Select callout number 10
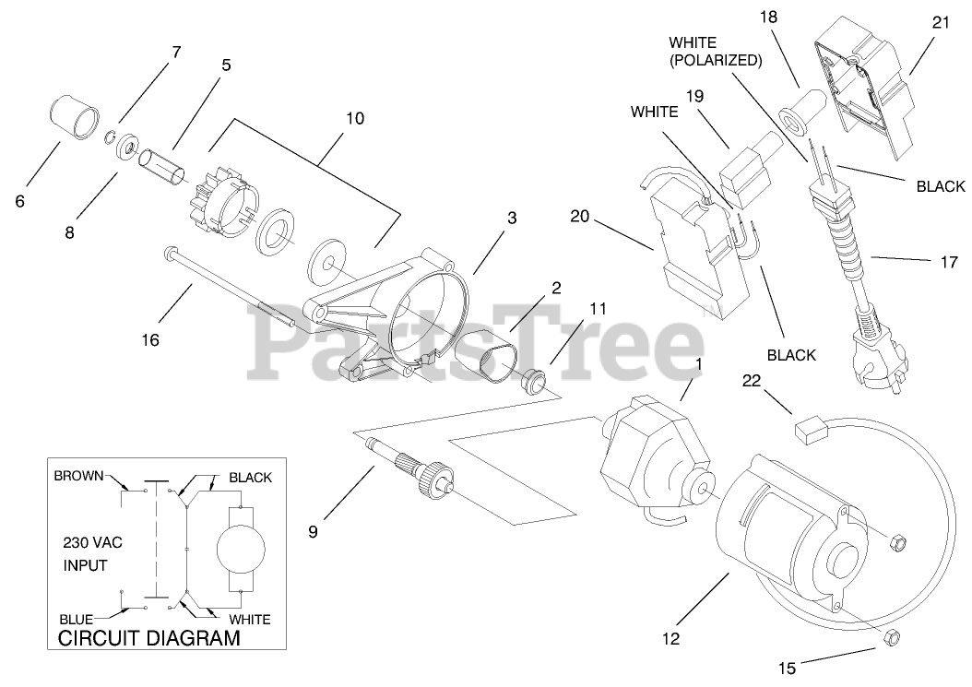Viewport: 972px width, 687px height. click(355, 118)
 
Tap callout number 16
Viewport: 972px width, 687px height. click(150, 340)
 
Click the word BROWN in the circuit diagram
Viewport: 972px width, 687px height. click(80, 477)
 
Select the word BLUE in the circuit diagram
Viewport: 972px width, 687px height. click(76, 619)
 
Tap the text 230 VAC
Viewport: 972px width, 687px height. click(92, 541)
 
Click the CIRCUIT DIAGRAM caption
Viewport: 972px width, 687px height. click(148, 638)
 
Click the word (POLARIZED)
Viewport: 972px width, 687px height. click(715, 61)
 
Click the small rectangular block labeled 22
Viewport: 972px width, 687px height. click(808, 427)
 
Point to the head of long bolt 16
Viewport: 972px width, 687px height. click(171, 252)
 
